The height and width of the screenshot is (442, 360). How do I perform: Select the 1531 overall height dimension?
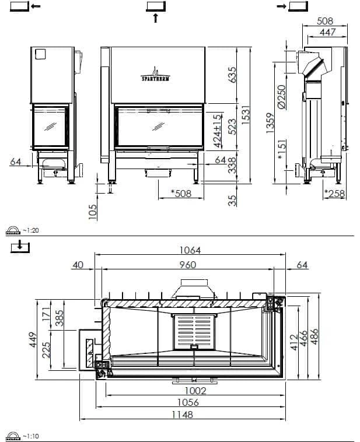246,115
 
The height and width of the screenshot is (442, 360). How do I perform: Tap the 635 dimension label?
232,75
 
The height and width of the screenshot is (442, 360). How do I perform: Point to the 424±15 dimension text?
218,131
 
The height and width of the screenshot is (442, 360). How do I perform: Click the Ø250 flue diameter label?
282,97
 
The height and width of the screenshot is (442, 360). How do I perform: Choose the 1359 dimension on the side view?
270,123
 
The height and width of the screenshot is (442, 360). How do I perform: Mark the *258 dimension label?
334,194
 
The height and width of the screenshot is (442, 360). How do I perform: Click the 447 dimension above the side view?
327,32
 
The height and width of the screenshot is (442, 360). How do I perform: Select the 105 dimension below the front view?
93,212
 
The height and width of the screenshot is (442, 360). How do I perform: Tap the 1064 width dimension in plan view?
190,250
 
